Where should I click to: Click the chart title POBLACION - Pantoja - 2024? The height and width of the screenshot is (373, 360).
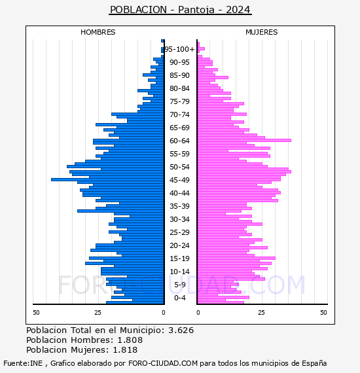coord(180,10)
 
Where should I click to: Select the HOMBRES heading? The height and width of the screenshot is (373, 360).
coord(98,32)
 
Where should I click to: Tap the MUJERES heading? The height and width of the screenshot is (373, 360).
coord(262,32)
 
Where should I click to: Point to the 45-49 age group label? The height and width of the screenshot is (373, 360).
coord(179,180)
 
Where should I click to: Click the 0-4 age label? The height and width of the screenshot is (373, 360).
coord(179,298)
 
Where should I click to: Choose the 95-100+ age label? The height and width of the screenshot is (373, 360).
coord(179,49)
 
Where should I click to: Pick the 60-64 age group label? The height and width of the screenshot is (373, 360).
coord(179,141)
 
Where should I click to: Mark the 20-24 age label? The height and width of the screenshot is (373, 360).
coord(179,245)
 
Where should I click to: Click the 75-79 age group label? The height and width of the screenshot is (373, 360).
coord(179,101)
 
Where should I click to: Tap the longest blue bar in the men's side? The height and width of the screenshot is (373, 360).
coord(107,179)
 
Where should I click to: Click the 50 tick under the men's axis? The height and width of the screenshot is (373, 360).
coord(36,312)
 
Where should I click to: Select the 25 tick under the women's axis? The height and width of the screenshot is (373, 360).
coord(261,312)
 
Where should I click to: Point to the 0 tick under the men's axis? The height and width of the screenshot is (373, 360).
coord(164,312)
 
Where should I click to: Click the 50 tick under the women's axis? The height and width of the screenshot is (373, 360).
coord(323,312)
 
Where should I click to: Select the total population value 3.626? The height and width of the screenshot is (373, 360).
coord(181,330)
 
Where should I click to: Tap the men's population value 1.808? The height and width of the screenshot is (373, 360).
coord(130,340)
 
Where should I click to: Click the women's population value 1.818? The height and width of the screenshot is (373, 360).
coord(125,349)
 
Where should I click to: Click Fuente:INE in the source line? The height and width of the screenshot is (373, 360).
coord(23,363)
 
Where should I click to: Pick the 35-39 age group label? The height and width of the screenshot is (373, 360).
coord(179,206)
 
